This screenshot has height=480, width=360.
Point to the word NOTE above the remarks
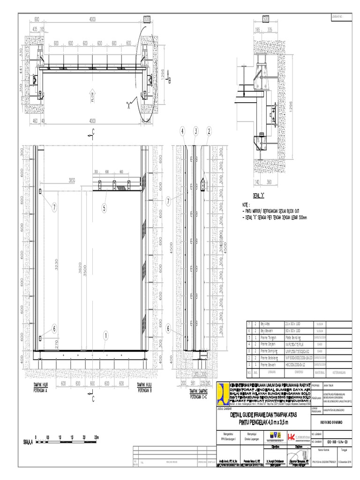[246, 205]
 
